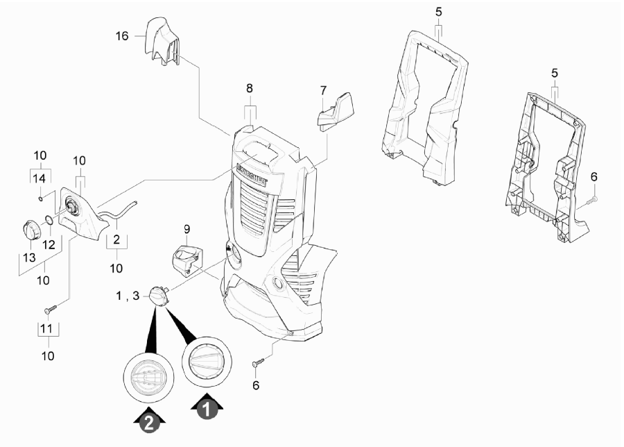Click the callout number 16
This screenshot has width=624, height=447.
click(122, 36)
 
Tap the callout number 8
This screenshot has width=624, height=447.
click(250, 88)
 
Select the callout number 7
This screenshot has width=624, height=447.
click(323, 90)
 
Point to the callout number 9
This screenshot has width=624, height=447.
click(187, 230)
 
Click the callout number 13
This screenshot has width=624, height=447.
click(29, 258)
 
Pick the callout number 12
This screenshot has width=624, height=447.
click(49, 244)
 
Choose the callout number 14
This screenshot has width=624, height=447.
click(39, 178)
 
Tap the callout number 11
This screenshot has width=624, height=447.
click(46, 329)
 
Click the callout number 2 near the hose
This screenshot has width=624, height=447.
click(116, 239)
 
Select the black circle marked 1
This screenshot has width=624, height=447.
click(207, 409)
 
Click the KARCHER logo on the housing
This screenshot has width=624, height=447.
click(252, 174)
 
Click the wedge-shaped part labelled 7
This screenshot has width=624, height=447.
click(336, 111)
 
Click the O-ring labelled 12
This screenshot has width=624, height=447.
click(48, 219)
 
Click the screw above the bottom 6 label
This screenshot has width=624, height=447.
click(259, 362)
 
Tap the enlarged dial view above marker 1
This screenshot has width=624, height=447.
click(207, 362)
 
